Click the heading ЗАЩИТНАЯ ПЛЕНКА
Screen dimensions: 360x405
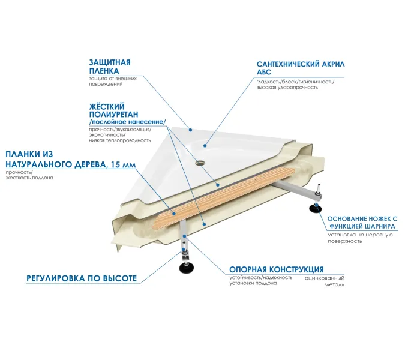coord(110,66)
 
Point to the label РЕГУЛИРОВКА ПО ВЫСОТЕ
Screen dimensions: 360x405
coord(82,278)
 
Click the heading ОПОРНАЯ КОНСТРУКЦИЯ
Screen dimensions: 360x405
coord(277,269)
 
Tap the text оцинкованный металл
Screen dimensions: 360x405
coord(325,281)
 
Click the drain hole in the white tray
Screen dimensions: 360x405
coord(198,161)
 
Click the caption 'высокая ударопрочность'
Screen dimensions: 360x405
coord(287,88)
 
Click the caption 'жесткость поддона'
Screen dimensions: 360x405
coord(29,179)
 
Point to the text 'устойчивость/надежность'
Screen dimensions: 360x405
coord(261,277)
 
